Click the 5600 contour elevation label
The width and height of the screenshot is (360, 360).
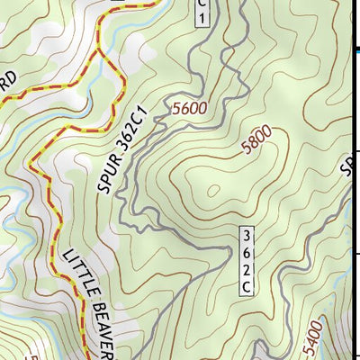click(x=189, y=108)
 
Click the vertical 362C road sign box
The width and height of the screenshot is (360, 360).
click(x=246, y=261)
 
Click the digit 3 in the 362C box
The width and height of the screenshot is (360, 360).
click(x=246, y=235)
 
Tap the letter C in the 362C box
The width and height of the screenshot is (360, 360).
click(x=246, y=287)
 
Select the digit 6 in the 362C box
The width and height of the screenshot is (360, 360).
click(x=246, y=252)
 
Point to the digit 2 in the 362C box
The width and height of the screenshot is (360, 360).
click(x=246, y=270)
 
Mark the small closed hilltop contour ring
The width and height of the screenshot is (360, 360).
click(x=214, y=190)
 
